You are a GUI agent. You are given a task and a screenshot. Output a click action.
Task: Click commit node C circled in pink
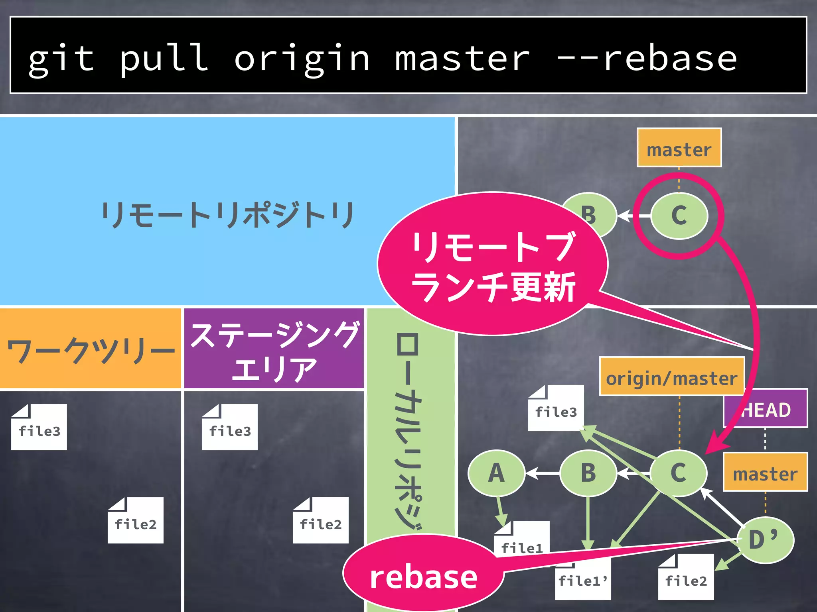pyautogui.click(x=679, y=216)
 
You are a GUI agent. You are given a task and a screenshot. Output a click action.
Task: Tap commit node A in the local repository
pyautogui.click(x=496, y=473)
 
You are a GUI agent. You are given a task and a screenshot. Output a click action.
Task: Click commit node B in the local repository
pyautogui.click(x=588, y=473)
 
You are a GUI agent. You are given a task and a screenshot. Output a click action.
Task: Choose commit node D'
pyautogui.click(x=764, y=540)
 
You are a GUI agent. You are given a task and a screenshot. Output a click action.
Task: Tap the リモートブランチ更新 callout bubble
pyautogui.click(x=493, y=265)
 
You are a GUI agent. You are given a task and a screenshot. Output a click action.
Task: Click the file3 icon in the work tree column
pyautogui.click(x=39, y=428)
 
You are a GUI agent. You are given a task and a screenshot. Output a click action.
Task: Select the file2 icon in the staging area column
pyautogui.click(x=321, y=521)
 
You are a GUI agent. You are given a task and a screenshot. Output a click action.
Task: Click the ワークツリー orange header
pyautogui.click(x=91, y=349)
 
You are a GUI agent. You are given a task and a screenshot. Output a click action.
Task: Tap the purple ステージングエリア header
pyautogui.click(x=274, y=349)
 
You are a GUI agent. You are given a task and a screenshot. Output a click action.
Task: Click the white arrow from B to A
pyautogui.click(x=543, y=473)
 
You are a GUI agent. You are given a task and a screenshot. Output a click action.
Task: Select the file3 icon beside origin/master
pyautogui.click(x=556, y=409)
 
